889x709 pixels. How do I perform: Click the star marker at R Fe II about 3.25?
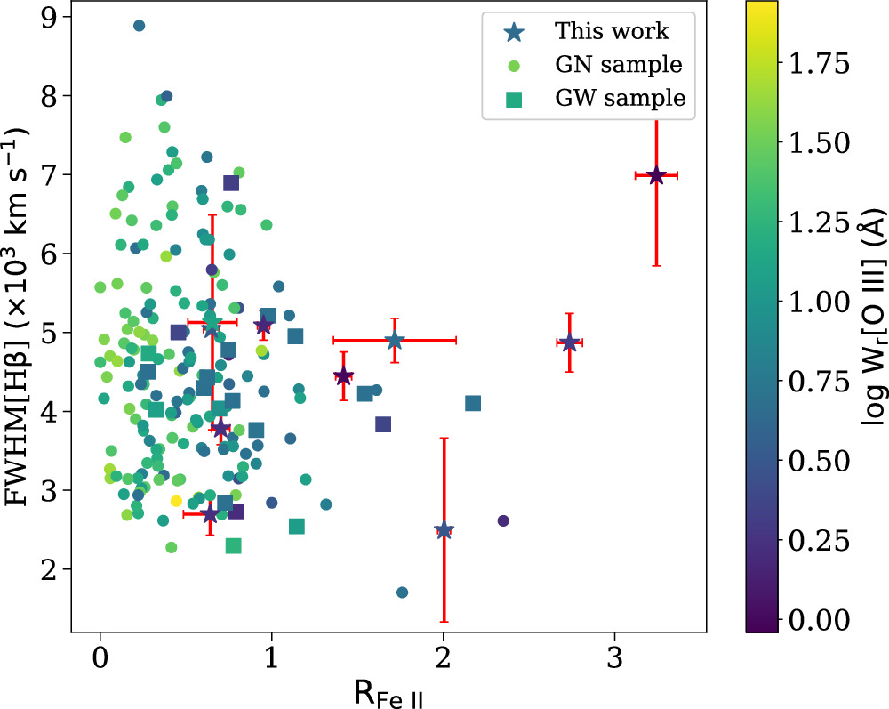(656, 175)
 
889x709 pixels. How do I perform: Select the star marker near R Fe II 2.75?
(569, 342)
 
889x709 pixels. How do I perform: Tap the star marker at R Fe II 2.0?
(444, 530)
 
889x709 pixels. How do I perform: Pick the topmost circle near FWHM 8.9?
(139, 26)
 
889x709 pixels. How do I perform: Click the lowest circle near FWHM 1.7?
(402, 592)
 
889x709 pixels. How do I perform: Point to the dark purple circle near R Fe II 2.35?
(503, 520)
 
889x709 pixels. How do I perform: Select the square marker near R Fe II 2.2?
(473, 403)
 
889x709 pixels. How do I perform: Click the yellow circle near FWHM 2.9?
(176, 501)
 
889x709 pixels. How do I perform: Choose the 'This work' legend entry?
(612, 31)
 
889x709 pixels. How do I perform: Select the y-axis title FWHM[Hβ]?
(20, 318)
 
